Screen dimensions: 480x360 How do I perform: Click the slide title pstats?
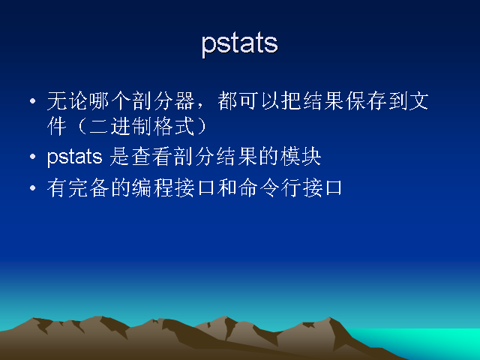click(x=240, y=45)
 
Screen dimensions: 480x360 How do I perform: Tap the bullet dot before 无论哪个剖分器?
click(x=33, y=101)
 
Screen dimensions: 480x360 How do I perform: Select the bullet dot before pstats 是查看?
click(x=33, y=157)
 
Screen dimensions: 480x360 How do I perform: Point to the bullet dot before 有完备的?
click(x=33, y=188)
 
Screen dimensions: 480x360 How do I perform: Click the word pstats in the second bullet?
click(x=75, y=157)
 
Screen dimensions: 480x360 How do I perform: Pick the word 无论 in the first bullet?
click(x=67, y=100)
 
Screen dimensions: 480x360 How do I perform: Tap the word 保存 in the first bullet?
click(x=365, y=100)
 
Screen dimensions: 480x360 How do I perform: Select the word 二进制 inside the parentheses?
click(x=121, y=126)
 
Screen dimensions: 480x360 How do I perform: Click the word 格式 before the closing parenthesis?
click(x=174, y=126)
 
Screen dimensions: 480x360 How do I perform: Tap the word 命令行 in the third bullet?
click(x=269, y=188)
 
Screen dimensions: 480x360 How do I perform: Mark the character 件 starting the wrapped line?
click(x=57, y=126)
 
